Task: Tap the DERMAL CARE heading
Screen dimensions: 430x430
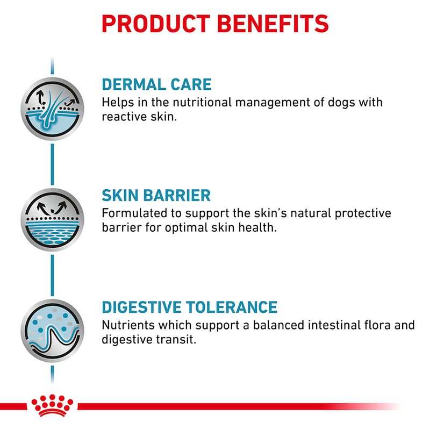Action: pyautogui.click(x=156, y=84)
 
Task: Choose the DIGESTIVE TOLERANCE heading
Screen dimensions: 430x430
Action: pyautogui.click(x=189, y=307)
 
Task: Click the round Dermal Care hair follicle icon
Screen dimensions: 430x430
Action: pyautogui.click(x=52, y=109)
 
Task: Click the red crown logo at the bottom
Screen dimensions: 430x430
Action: pyautogui.click(x=52, y=406)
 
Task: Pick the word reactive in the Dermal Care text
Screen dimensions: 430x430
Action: pyautogui.click(x=120, y=117)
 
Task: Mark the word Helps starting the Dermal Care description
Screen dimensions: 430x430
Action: pyautogui.click(x=115, y=102)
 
